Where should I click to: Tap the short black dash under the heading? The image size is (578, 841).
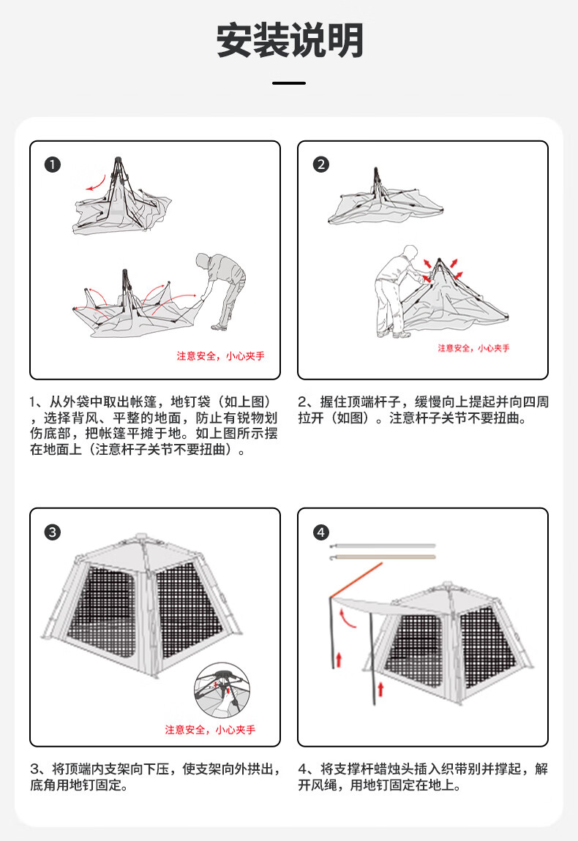click(x=289, y=83)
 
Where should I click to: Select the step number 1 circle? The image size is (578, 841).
click(x=52, y=165)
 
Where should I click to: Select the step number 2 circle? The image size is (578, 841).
click(x=320, y=165)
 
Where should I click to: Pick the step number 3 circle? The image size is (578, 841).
click(x=52, y=532)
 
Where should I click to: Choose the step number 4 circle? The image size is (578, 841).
click(x=320, y=532)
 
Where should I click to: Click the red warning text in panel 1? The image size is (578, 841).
click(x=220, y=356)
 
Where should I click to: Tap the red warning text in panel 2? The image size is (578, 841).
click(x=473, y=348)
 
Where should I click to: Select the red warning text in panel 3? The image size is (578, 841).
click(x=210, y=730)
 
